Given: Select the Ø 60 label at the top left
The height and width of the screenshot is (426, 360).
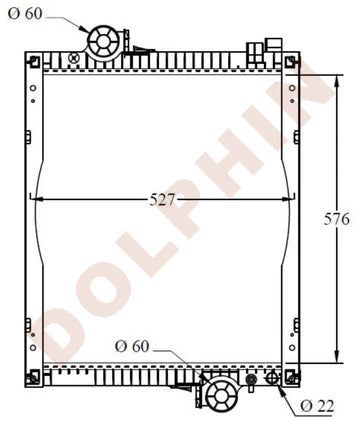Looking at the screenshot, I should (27, 15).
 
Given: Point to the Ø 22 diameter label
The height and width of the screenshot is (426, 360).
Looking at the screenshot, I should (319, 407).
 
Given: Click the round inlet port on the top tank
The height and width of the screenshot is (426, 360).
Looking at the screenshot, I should (103, 41).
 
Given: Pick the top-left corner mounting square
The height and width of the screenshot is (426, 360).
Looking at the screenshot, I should (36, 62).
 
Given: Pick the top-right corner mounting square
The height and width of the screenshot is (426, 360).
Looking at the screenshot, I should (290, 63).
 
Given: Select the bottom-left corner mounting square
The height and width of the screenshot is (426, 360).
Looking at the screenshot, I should (36, 377).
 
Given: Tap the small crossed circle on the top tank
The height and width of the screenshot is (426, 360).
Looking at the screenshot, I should (73, 59).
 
